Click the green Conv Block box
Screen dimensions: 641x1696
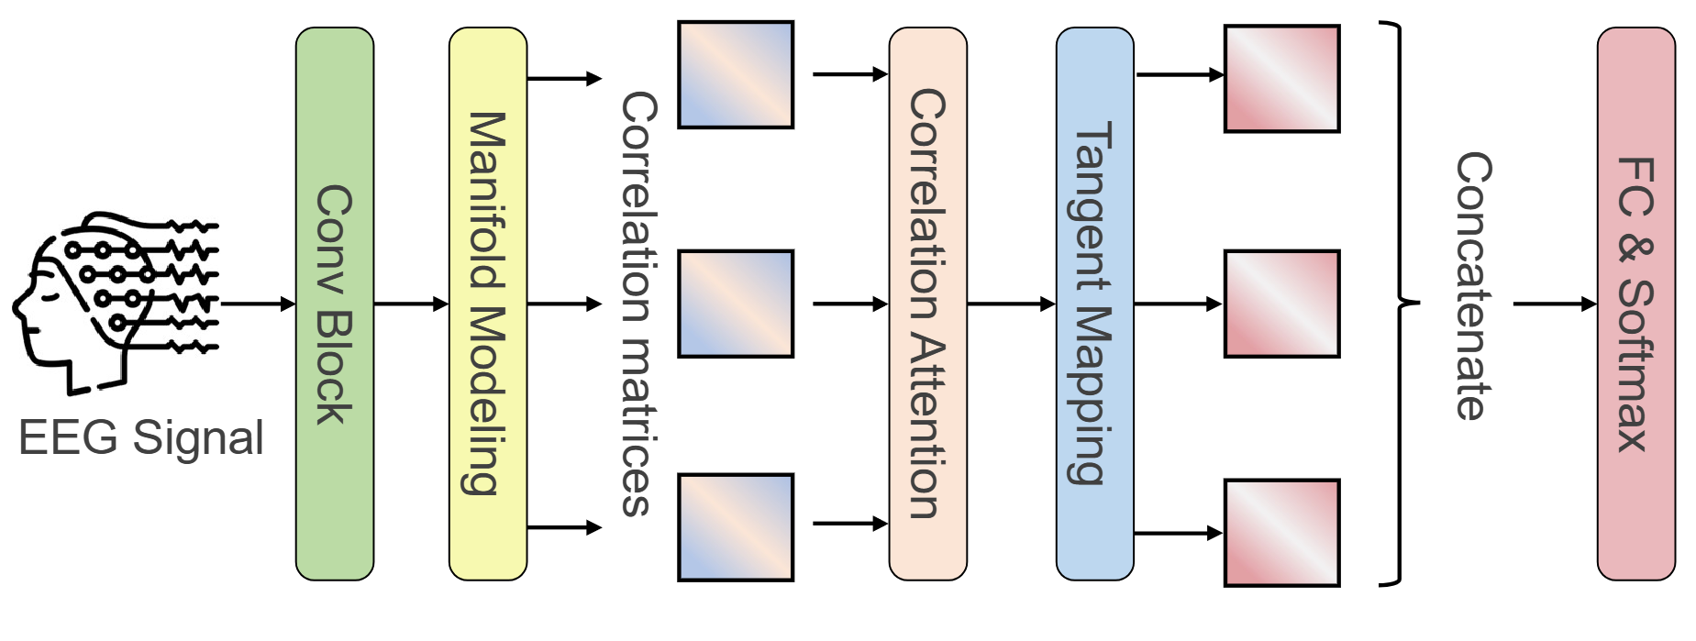tap(334, 304)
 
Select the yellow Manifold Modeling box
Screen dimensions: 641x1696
tap(487, 304)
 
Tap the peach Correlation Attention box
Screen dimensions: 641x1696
tap(927, 304)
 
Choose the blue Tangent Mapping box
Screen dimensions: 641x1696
tap(1094, 304)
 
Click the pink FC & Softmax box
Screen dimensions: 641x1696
tap(1635, 304)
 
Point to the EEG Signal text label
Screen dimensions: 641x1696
tap(141, 437)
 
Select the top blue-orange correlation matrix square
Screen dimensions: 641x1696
tap(735, 75)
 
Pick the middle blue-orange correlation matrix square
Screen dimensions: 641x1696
tap(735, 304)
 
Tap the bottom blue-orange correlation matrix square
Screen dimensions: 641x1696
tap(735, 527)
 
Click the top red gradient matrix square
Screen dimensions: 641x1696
tap(1281, 79)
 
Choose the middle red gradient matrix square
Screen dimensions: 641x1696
tap(1281, 304)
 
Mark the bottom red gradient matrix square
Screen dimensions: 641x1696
tap(1281, 533)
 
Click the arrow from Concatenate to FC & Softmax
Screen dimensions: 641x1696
tap(1554, 304)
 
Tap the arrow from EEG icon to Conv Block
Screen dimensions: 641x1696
tap(258, 304)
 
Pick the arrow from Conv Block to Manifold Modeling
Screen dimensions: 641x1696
tap(411, 304)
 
